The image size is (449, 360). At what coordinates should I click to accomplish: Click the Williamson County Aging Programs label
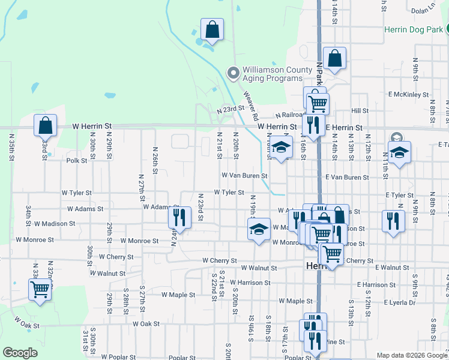(273, 74)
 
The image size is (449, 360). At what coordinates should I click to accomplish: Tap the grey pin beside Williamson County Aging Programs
(234, 74)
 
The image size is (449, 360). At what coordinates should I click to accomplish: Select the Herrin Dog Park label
(413, 29)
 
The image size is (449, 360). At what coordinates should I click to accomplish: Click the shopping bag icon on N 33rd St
(45, 126)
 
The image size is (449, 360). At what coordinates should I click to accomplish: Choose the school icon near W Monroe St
(259, 229)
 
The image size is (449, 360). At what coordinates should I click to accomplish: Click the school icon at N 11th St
(399, 152)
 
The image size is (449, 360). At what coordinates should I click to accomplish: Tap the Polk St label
(77, 161)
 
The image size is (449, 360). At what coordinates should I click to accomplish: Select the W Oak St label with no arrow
(146, 323)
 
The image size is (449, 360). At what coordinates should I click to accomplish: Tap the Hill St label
(360, 111)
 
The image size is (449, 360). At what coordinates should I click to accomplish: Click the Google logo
(20, 353)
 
